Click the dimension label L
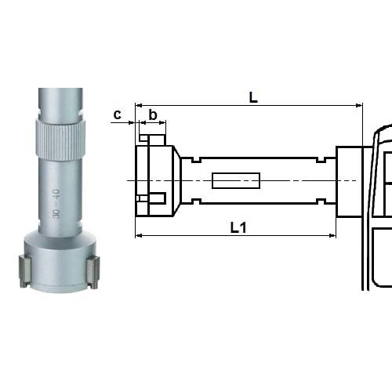[252, 97]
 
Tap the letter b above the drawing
[153, 115]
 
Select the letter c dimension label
[118, 114]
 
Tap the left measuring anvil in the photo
[23, 270]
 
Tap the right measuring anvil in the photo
[93, 270]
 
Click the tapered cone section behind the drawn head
[176, 181]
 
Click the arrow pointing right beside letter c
[129, 123]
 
